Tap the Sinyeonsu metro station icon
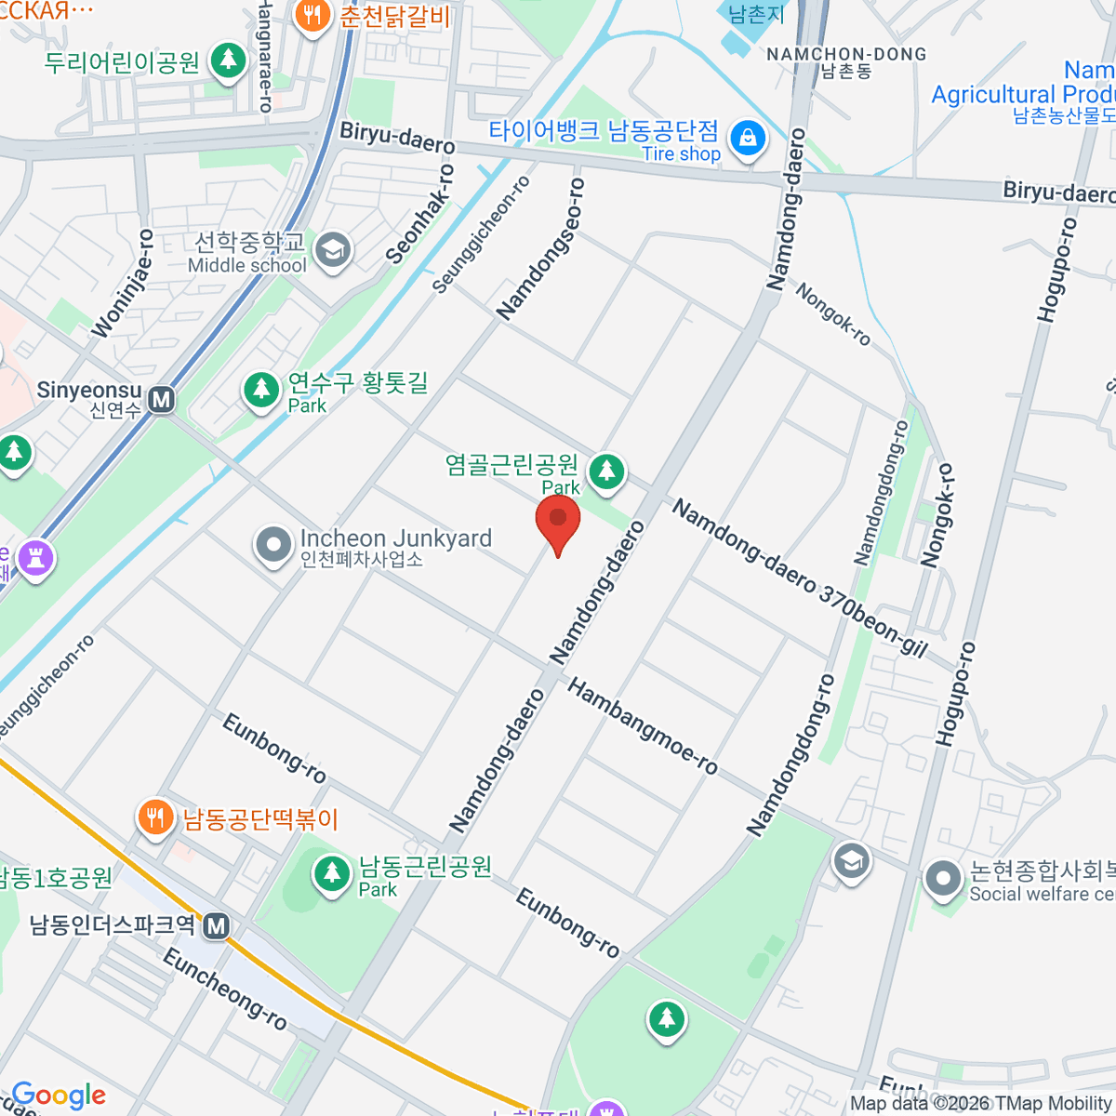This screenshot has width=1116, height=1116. pos(162,400)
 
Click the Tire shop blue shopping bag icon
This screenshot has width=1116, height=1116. pos(748,139)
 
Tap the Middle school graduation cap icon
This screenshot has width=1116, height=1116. pos(332,250)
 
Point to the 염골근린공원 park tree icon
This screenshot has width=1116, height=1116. pos(607,470)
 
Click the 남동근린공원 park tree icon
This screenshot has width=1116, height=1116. pos(331,873)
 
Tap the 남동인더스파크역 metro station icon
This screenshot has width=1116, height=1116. pos(217,925)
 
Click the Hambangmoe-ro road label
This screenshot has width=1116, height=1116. pos(643,726)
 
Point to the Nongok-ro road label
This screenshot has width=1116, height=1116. pos(832,314)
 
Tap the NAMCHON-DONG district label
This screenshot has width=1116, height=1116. pos(846,54)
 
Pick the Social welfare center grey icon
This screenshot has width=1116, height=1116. pos(943,879)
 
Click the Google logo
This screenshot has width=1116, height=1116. pos(59,1096)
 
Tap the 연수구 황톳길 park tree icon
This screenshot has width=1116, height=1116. pos(261,391)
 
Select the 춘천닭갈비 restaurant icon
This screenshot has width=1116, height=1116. pos(312,16)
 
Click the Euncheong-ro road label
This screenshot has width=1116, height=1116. pos(225,989)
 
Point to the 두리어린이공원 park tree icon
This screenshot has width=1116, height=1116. pos(227,61)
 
